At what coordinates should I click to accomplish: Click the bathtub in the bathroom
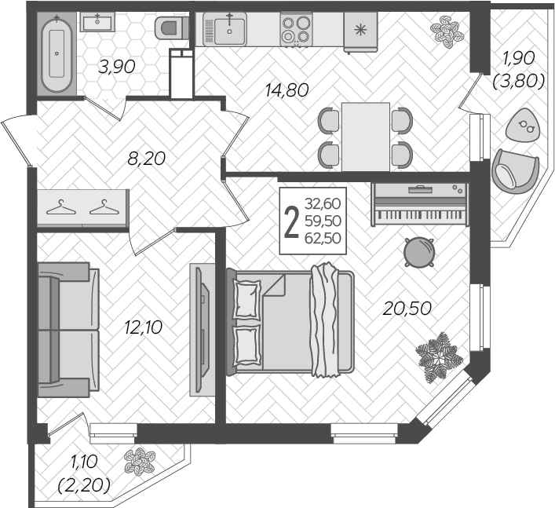57,53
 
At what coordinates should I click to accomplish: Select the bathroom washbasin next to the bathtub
97,22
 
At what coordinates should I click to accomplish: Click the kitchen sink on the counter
225,29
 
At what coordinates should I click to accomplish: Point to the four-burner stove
296,29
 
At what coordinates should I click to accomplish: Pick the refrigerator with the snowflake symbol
360,32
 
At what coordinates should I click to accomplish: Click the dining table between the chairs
366,137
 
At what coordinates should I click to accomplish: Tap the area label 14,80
287,90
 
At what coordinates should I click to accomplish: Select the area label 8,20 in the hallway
147,159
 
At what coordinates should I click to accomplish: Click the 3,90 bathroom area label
117,67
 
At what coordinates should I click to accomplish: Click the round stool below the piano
419,252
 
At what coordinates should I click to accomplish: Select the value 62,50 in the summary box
323,238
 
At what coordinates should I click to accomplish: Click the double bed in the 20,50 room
290,322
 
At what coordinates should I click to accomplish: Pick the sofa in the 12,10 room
68,330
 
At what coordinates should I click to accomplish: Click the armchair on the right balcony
515,171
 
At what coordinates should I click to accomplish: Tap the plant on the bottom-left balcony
140,461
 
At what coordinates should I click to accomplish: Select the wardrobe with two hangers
83,207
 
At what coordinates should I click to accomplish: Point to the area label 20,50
407,309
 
